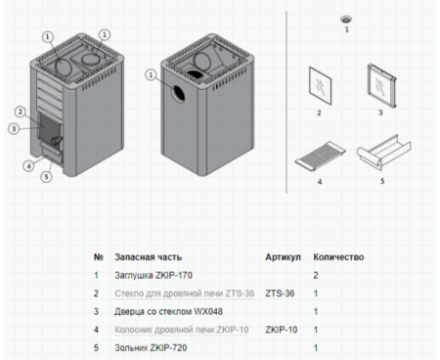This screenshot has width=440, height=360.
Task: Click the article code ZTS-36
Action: tap(280, 292)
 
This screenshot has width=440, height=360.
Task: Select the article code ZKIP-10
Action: tap(282, 330)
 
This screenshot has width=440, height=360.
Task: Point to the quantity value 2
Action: tap(316, 275)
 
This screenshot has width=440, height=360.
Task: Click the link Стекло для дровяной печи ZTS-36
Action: tap(170, 292)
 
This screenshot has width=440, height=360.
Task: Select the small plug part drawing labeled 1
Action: tap(345, 20)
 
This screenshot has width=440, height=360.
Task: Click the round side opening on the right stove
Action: tap(180, 93)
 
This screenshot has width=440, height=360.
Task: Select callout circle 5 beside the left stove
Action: tap(46, 176)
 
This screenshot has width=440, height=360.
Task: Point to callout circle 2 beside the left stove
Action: tap(22, 112)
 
